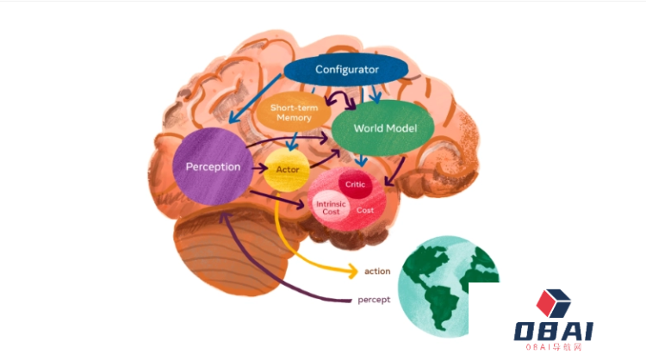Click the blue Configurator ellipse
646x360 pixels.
(346, 69)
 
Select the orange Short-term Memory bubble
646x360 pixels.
(294, 112)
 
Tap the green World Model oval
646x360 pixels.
(383, 127)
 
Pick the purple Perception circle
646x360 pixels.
(213, 166)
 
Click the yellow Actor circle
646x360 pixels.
(287, 170)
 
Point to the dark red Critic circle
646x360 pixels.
(355, 184)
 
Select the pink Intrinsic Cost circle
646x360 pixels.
(331, 208)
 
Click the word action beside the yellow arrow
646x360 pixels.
(377, 271)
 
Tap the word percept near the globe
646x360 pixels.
(374, 300)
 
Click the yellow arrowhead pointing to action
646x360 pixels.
(352, 271)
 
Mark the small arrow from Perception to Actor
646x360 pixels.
(259, 168)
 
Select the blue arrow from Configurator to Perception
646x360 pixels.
(255, 98)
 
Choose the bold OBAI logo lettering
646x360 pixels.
(553, 332)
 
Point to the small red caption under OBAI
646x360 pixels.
(553, 347)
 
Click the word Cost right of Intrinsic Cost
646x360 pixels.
(365, 210)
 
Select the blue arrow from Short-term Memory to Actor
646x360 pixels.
(293, 141)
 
